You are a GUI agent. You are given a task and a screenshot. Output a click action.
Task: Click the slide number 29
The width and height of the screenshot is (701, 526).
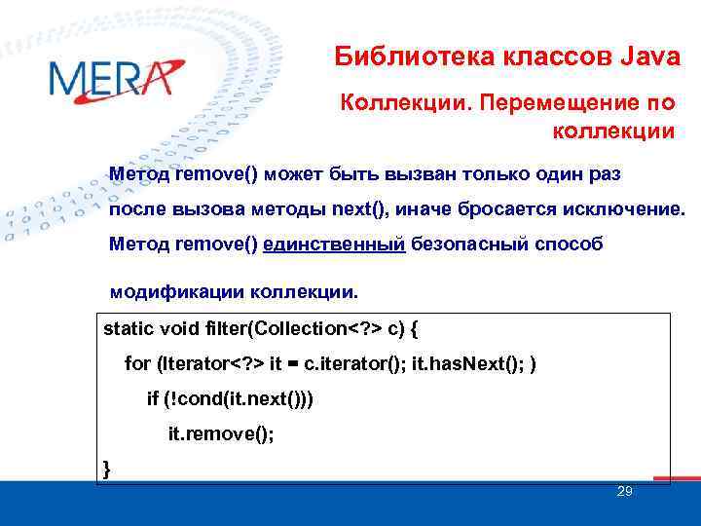(x=625, y=492)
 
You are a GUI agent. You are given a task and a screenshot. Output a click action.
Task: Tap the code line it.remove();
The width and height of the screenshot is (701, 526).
(x=221, y=435)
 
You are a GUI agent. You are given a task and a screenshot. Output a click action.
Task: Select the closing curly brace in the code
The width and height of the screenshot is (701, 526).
(x=107, y=470)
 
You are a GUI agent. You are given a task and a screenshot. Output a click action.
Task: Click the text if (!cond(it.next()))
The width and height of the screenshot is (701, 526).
(x=230, y=399)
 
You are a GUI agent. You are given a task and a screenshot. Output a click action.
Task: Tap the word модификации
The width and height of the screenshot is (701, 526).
(x=177, y=291)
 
